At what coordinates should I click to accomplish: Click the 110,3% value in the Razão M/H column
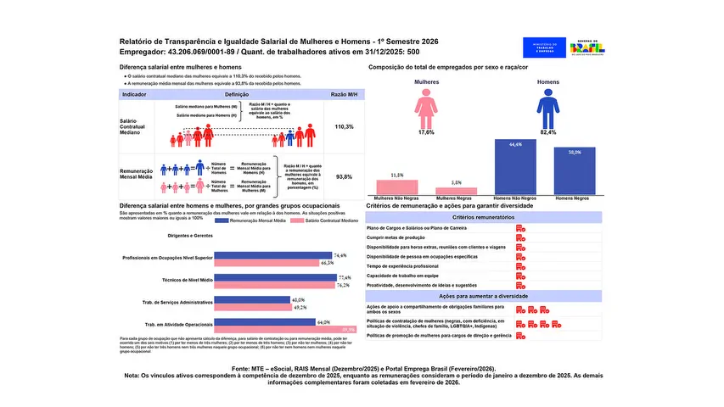[x=344, y=126]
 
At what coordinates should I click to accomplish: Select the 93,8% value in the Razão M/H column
[x=344, y=177]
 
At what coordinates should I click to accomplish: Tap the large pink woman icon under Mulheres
[x=427, y=108]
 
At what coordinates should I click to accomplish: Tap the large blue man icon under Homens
[x=544, y=108]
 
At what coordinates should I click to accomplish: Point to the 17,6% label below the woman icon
[x=427, y=133]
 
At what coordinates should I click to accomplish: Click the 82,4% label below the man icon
[x=544, y=133]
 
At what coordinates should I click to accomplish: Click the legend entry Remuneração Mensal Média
[x=251, y=220]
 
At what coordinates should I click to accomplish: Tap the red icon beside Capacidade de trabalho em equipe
[x=519, y=276]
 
